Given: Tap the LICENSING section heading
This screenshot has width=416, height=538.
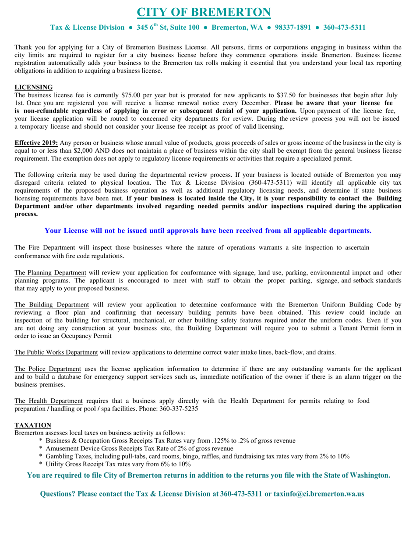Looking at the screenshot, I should tap(34, 87).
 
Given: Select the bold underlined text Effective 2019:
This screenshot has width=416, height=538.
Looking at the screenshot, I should tap(36, 143).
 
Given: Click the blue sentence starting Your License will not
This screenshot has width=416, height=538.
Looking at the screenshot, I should tap(208, 231).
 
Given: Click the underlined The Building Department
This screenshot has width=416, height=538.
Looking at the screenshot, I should tap(52, 305).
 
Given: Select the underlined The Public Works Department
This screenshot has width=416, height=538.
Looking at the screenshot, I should tap(56, 352).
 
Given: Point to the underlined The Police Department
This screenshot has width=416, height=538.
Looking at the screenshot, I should tap(48, 369).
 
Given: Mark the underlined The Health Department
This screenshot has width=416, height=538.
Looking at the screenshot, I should tap(49, 401).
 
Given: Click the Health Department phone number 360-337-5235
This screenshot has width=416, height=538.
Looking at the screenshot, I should tap(178, 408).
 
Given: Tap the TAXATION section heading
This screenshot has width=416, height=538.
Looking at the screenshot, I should tap(33, 425).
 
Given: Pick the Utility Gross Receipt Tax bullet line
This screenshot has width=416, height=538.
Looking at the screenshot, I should tap(118, 464).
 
